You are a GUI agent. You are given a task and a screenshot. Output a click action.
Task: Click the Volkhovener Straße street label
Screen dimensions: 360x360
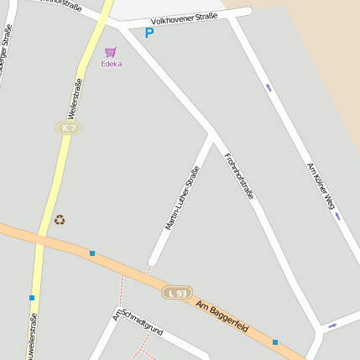[x=184, y=18]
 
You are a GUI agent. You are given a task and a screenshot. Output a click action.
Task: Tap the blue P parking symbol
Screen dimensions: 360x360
[x=149, y=34]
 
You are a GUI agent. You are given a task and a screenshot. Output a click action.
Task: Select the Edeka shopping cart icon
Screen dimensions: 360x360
[x=110, y=52]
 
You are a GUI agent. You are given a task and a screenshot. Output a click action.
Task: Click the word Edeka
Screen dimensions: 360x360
[x=111, y=64]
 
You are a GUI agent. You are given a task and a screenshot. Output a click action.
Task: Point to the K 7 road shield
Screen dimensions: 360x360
[x=69, y=128]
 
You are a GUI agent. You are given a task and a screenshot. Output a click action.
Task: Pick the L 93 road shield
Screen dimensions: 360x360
[x=177, y=293]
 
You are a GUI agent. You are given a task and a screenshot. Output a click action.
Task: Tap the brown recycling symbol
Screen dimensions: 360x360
[x=60, y=220]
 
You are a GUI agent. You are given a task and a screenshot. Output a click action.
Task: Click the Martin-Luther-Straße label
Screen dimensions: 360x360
[x=182, y=198]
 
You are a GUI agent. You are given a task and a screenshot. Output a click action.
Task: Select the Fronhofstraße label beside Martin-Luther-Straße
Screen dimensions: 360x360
[x=238, y=175]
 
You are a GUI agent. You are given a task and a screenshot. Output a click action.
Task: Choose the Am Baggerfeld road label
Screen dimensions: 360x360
[x=223, y=316]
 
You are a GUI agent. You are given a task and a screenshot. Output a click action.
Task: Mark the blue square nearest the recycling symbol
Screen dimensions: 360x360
[x=92, y=253]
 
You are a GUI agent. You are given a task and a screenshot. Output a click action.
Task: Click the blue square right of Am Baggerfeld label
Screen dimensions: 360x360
[x=274, y=342]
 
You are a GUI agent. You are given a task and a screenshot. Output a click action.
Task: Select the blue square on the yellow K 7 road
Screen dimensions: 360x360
[x=32, y=297]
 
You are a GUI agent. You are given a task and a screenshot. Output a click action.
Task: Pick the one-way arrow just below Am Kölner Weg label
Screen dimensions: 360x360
[x=337, y=216]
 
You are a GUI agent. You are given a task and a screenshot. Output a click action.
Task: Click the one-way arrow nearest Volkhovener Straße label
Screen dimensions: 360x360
[x=269, y=86]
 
